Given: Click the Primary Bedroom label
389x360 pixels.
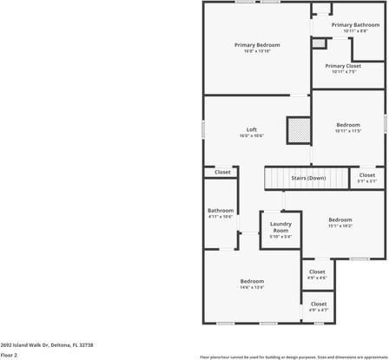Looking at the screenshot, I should click(257, 44).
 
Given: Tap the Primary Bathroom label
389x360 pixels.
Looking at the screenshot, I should click(355, 25).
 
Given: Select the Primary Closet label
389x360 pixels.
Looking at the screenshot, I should click(343, 66).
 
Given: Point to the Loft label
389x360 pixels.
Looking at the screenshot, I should click(252, 130).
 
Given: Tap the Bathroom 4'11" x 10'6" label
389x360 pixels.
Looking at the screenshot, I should click(221, 211).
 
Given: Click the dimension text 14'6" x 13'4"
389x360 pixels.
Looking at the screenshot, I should click(252, 287).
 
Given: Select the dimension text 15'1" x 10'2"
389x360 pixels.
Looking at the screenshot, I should click(340, 226).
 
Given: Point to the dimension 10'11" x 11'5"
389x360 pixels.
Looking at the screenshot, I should click(348, 131).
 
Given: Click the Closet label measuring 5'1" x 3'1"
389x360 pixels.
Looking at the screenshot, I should click(366, 175).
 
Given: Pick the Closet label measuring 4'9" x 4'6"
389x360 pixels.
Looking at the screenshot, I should click(318, 272).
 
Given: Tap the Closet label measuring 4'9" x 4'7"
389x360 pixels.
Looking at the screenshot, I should click(319, 304).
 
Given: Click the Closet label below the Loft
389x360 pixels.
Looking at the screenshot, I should click(222, 173).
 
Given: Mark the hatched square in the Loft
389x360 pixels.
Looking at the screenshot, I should click(299, 130).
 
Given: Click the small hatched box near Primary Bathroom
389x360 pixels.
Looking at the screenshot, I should click(319, 43).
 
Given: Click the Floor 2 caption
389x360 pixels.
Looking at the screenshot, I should click(10, 355).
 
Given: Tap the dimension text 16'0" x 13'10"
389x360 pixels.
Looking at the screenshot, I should click(257, 51).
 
